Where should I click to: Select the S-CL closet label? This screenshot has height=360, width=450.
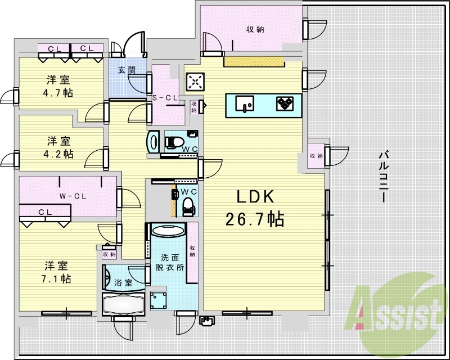[166, 98]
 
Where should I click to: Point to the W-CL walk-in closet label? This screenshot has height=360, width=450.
[73, 196]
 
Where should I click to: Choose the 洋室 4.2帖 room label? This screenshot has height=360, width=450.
[58, 146]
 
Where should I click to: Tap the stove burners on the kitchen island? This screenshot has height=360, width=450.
[284, 103]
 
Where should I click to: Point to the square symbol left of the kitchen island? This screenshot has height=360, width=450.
[195, 82]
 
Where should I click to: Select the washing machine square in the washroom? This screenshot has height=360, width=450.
[159, 298]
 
